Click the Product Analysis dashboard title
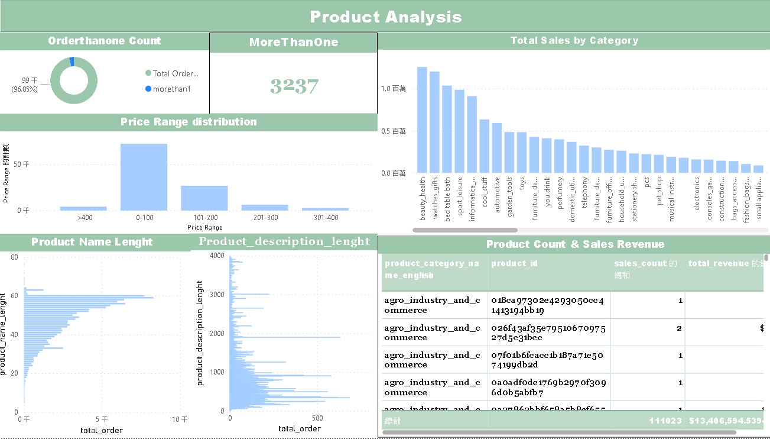(385, 17)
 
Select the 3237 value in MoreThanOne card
(294, 86)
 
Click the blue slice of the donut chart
(72, 62)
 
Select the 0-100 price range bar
(144, 177)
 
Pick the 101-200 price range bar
(204, 198)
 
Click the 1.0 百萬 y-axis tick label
(394, 89)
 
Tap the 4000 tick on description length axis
(217, 256)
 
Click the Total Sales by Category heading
(574, 41)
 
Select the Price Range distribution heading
(189, 122)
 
